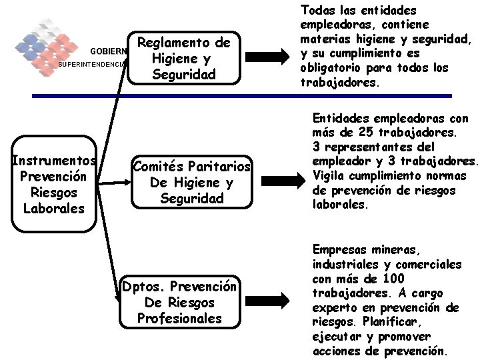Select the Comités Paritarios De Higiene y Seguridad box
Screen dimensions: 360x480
[191, 182]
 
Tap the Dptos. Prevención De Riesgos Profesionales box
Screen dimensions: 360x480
[179, 302]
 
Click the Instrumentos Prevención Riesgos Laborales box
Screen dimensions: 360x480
[53, 185]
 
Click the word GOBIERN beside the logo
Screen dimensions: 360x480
[109, 51]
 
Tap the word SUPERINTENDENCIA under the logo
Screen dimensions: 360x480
[92, 65]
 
